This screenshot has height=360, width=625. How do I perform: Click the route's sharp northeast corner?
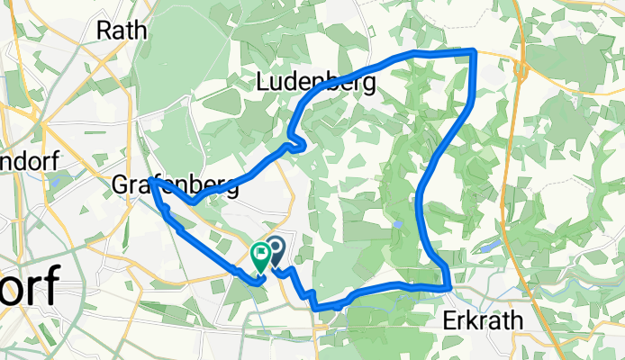click(475, 51)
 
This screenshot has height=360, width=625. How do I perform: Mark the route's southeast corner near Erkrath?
click(448, 287)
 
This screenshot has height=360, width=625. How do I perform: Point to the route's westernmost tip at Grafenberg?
click(151, 181)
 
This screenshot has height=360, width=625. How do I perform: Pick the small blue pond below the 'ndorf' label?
click(55, 179)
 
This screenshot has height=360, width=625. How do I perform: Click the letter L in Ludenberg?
click(263, 81)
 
